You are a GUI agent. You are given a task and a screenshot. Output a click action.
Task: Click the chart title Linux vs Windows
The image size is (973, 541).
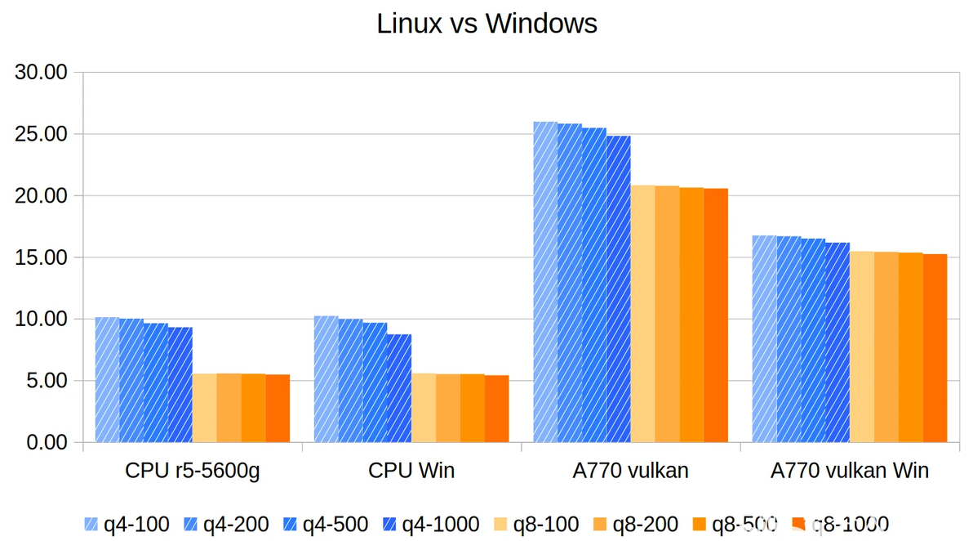point(486,24)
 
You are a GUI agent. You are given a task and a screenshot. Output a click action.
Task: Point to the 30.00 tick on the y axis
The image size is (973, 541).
point(41,72)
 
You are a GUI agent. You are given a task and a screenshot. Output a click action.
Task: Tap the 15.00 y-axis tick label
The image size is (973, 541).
point(41,257)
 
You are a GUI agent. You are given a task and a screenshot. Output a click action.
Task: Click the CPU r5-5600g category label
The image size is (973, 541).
point(193,471)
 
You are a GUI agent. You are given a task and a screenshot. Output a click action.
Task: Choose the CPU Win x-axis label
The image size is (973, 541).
point(411,471)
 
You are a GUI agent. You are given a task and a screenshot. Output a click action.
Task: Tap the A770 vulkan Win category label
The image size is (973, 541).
point(849,471)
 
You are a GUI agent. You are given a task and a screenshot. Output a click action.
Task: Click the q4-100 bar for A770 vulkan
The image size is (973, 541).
point(545,282)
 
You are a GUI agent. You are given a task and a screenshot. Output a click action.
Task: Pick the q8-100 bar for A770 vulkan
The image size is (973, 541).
point(642,314)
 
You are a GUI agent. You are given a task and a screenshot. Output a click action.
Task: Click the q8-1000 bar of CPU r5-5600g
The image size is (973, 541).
point(278,409)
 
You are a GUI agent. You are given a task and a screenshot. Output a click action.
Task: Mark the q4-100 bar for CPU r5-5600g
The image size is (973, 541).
point(107,380)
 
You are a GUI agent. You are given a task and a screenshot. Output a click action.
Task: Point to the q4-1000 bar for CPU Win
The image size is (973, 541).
point(399,388)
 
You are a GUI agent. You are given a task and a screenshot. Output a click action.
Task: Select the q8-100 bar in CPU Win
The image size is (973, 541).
point(424,408)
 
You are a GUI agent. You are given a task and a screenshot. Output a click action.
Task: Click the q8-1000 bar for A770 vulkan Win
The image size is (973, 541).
point(935,348)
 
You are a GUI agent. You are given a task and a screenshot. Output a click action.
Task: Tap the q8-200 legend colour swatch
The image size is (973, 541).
point(600,524)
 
